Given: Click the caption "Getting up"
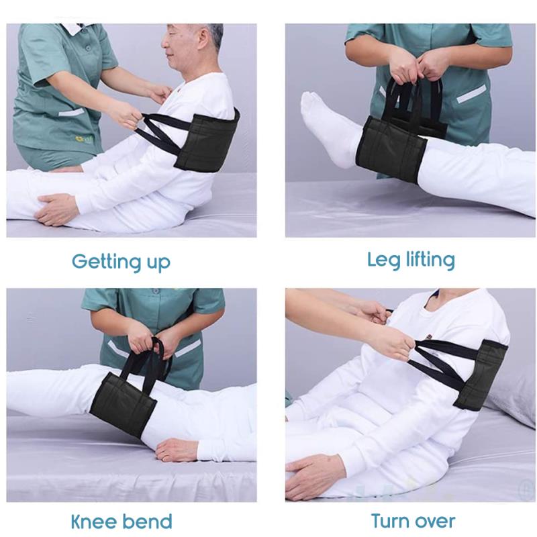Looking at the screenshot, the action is (121, 262).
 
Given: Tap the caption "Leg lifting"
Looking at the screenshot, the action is (411, 260).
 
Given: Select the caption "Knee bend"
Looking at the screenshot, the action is (121, 522).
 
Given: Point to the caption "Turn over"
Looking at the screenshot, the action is (413, 521).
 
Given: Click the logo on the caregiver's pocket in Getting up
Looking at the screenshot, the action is (82, 139).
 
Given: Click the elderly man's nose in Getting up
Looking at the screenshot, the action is (164, 44).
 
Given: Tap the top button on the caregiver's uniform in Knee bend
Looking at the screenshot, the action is (156, 291).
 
